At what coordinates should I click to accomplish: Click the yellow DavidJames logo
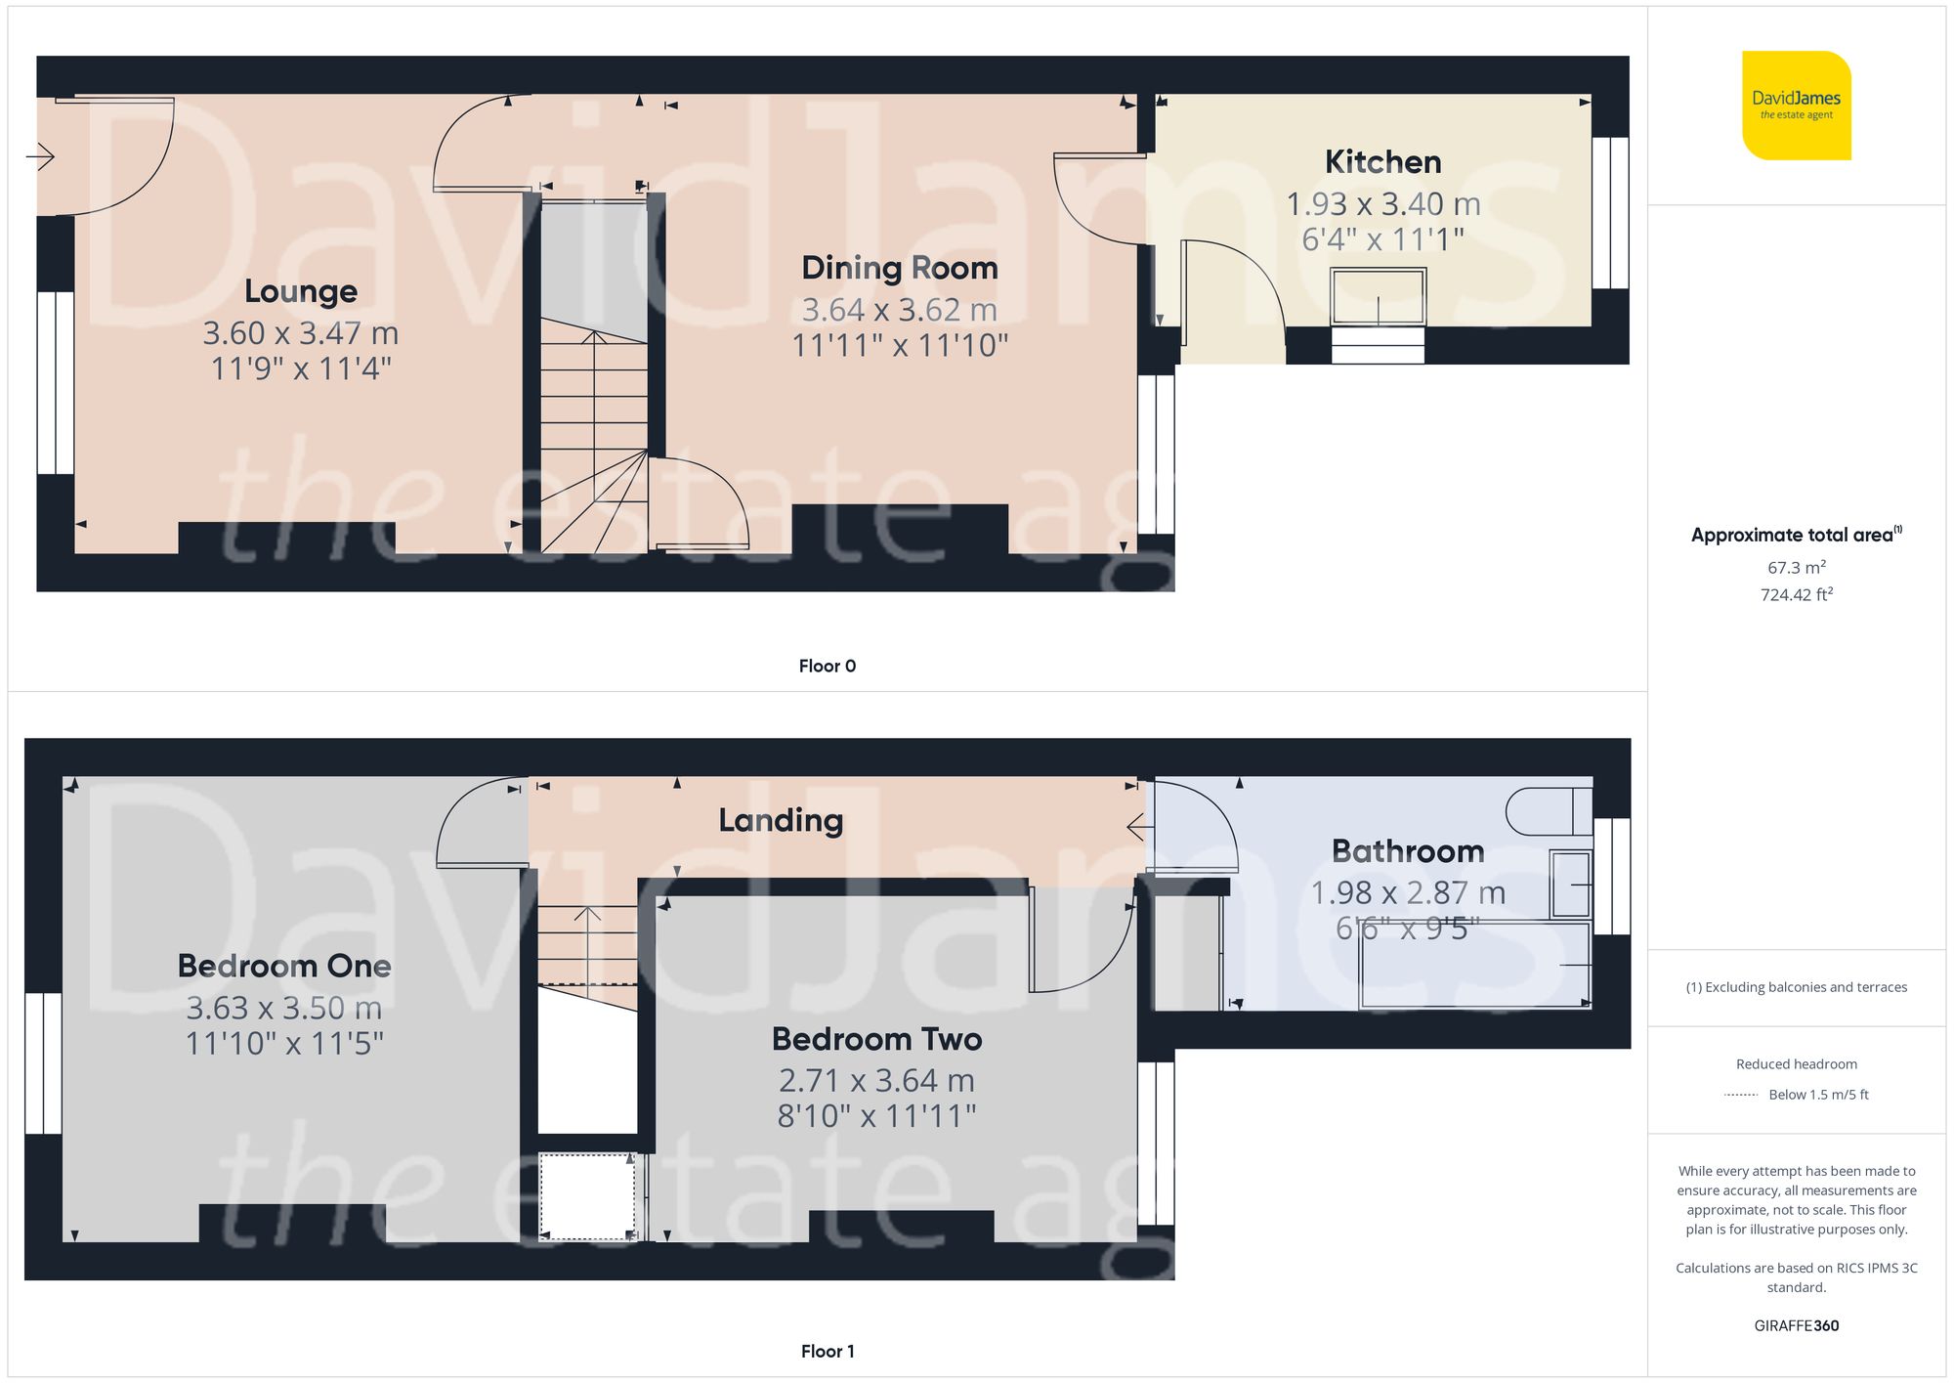point(1796,106)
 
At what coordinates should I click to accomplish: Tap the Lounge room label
point(301,291)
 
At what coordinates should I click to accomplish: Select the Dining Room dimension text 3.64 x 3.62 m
point(899,310)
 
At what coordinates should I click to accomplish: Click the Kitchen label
point(1382,162)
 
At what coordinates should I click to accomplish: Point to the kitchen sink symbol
point(1378,297)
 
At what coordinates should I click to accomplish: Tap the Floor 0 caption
point(827,666)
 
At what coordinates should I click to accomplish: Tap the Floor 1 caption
point(827,1351)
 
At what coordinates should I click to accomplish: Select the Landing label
point(781,820)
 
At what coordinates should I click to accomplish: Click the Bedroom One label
point(284,966)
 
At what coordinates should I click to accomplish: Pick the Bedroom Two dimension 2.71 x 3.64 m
point(876,1081)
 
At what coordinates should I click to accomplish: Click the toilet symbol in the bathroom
point(1548,811)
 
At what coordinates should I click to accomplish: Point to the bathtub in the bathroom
point(1473,965)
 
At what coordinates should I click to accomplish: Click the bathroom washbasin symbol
point(1571,885)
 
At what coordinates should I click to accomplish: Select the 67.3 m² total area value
point(1796,568)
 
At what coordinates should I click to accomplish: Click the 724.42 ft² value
point(1796,594)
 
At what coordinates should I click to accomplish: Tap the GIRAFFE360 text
point(1796,1325)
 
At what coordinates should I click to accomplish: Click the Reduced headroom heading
point(1796,1064)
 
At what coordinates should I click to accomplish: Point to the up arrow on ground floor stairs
point(594,338)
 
